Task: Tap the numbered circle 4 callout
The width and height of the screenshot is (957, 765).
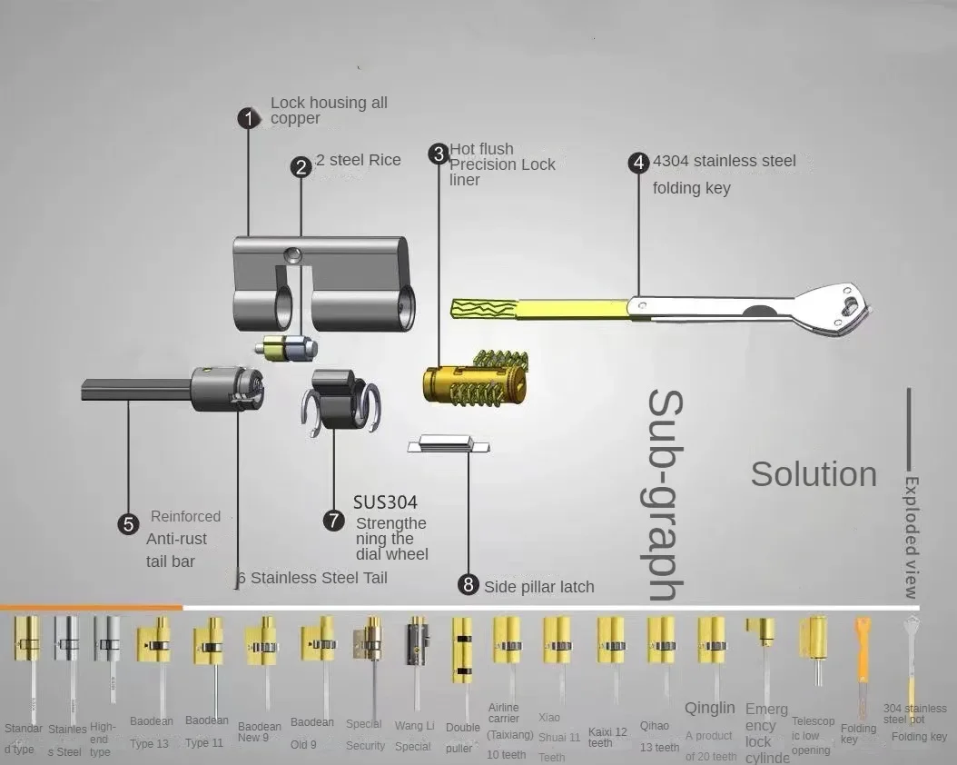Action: pos(639,163)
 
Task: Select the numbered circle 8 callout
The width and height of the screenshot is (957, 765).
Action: pos(469,585)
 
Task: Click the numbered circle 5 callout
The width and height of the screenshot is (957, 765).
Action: pos(129,523)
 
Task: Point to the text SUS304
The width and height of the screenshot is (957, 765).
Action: pos(386,502)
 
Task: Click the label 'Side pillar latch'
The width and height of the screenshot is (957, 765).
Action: pos(538,587)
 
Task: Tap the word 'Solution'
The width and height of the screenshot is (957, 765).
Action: pos(814,473)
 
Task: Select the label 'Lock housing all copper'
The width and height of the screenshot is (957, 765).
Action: pos(328,111)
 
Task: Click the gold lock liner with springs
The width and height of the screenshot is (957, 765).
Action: pos(474,382)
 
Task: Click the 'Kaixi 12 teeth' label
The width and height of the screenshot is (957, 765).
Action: pos(607,737)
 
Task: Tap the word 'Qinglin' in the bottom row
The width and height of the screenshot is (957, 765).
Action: pos(709,708)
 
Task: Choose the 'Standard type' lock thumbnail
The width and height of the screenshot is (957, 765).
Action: pos(27,641)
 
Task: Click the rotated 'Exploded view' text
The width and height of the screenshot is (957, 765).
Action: pos(912,536)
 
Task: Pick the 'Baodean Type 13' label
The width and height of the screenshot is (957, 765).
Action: pos(151,732)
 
